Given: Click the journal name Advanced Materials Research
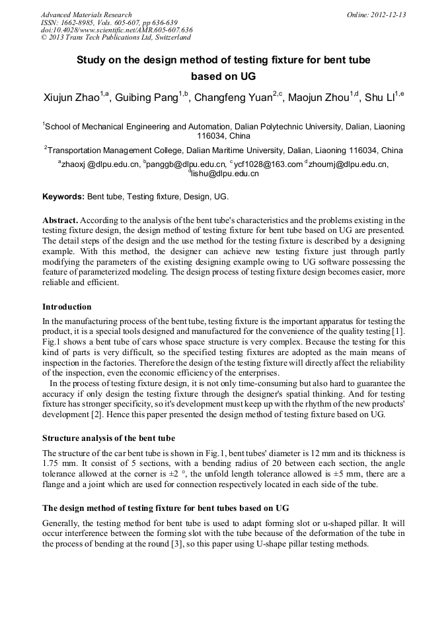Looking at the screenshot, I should click(x=86, y=15).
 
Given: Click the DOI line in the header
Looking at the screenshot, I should click(x=116, y=30).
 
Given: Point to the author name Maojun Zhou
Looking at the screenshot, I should click(x=319, y=99).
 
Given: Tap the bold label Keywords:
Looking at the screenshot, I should click(x=63, y=197).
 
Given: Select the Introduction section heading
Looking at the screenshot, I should click(x=67, y=307).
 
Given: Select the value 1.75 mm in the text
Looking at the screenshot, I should click(x=57, y=464).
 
